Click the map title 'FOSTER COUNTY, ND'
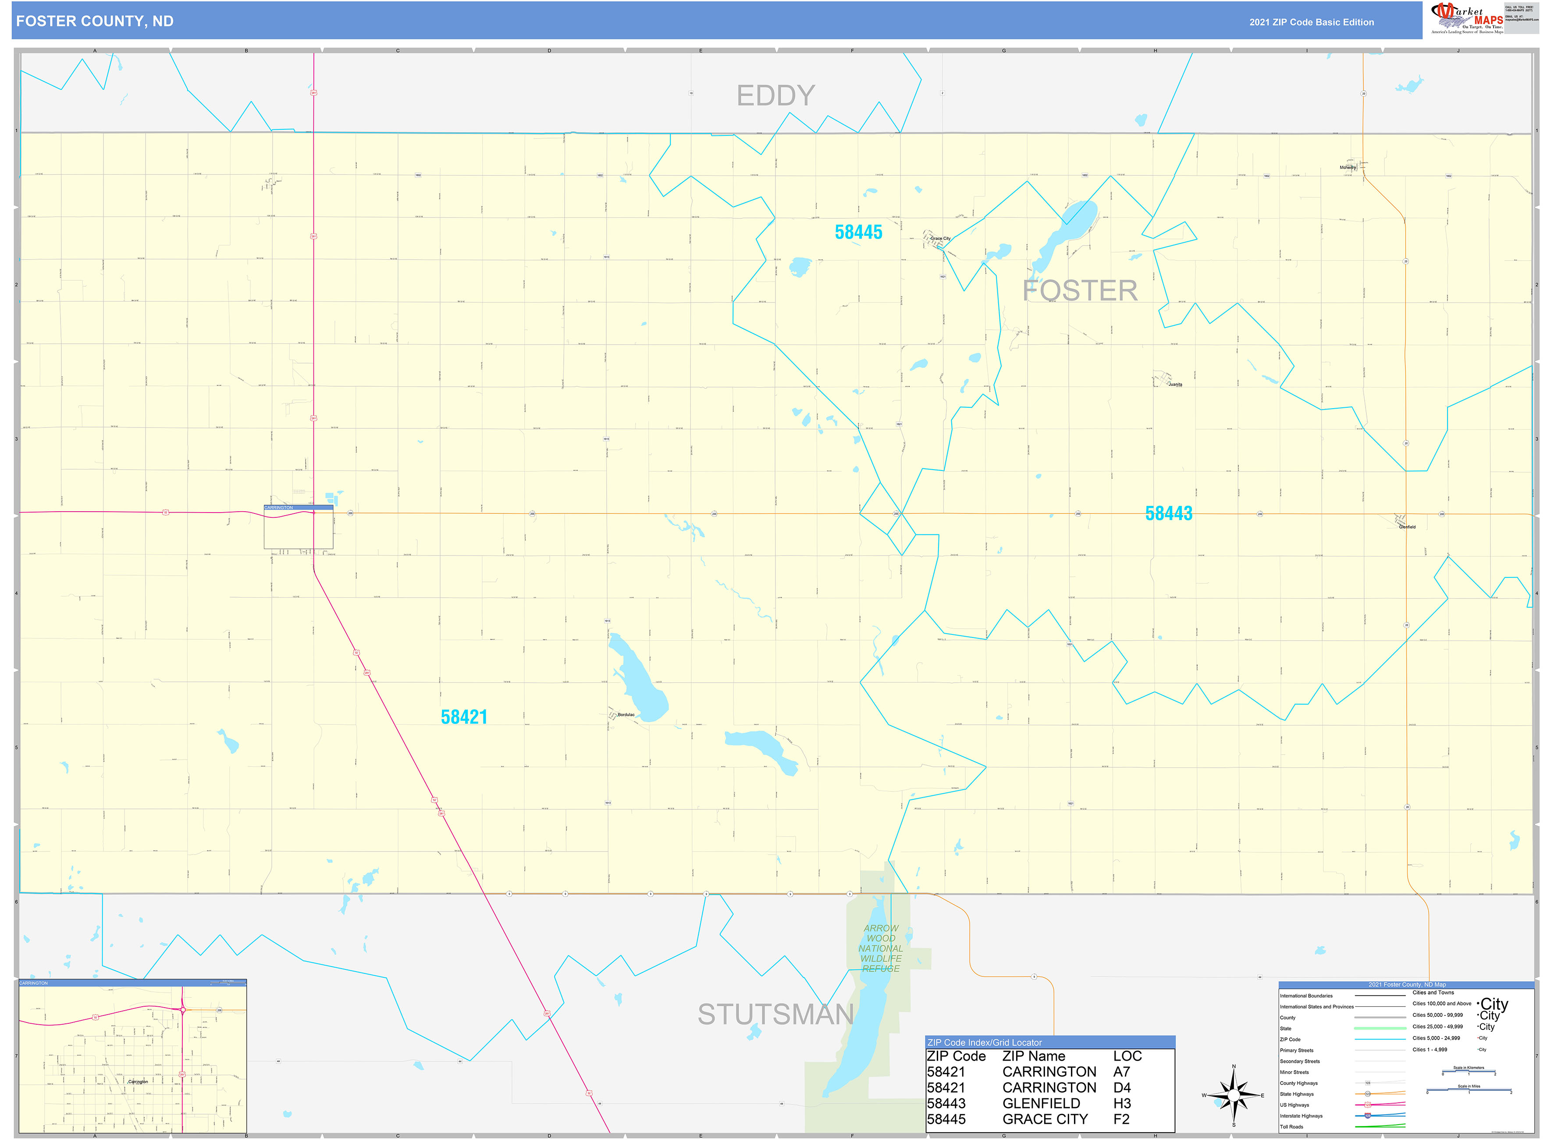(x=95, y=21)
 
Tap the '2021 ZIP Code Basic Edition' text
(x=1311, y=22)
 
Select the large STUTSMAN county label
(x=775, y=1015)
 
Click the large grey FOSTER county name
(x=1080, y=291)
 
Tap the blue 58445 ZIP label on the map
(x=858, y=232)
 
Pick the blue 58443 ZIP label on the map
(x=1168, y=513)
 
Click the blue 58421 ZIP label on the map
(x=464, y=717)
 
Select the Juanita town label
(x=1175, y=385)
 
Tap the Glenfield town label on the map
(x=1407, y=527)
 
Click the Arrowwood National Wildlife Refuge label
(x=880, y=948)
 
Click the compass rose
(x=1234, y=1095)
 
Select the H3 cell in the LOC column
(x=1122, y=1104)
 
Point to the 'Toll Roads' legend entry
(x=1292, y=1127)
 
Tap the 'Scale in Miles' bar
(x=1469, y=1091)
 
